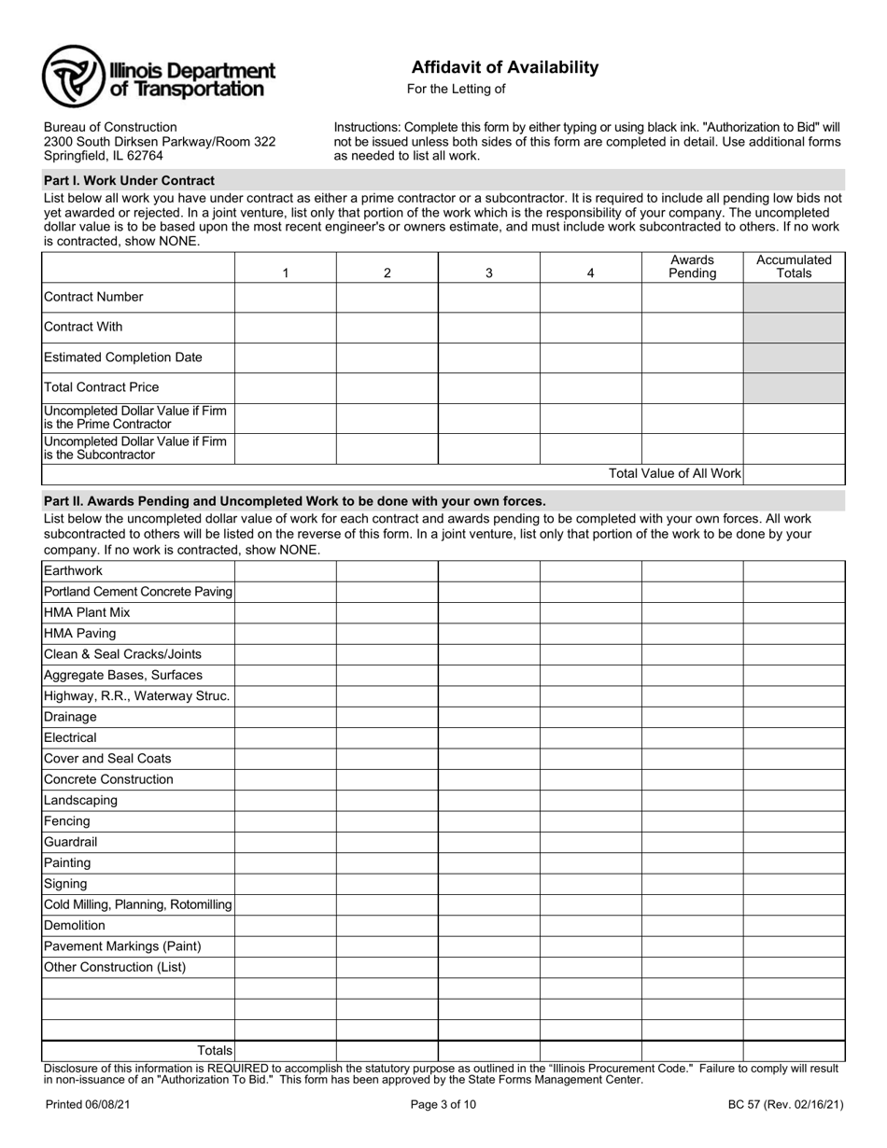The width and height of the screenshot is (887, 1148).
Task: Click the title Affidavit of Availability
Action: coord(505,67)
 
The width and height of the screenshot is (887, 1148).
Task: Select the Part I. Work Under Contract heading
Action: coord(129,180)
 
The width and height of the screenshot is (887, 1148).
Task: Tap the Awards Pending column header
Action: coord(692,267)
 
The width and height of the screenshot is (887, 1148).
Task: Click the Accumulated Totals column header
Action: coord(794,267)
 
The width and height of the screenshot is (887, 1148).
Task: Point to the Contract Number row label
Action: coord(93,297)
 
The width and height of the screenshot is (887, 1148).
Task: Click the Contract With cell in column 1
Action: coord(285,328)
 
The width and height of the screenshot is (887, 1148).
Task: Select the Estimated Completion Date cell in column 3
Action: coord(488,357)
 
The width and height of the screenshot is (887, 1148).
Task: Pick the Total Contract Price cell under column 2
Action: coord(387,387)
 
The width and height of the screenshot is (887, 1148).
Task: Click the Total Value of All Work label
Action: coord(674,474)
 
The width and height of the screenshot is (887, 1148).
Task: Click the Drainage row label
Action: coord(70,717)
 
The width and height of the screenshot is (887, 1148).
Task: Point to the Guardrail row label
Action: coord(70,842)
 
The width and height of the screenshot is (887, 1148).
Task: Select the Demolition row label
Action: coord(75,925)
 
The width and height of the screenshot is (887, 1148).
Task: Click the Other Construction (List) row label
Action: coord(115,967)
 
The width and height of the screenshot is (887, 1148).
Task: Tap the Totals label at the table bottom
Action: coord(214,1051)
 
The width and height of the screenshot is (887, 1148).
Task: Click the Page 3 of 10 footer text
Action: coord(443,1105)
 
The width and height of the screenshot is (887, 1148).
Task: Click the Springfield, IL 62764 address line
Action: coord(104,156)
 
